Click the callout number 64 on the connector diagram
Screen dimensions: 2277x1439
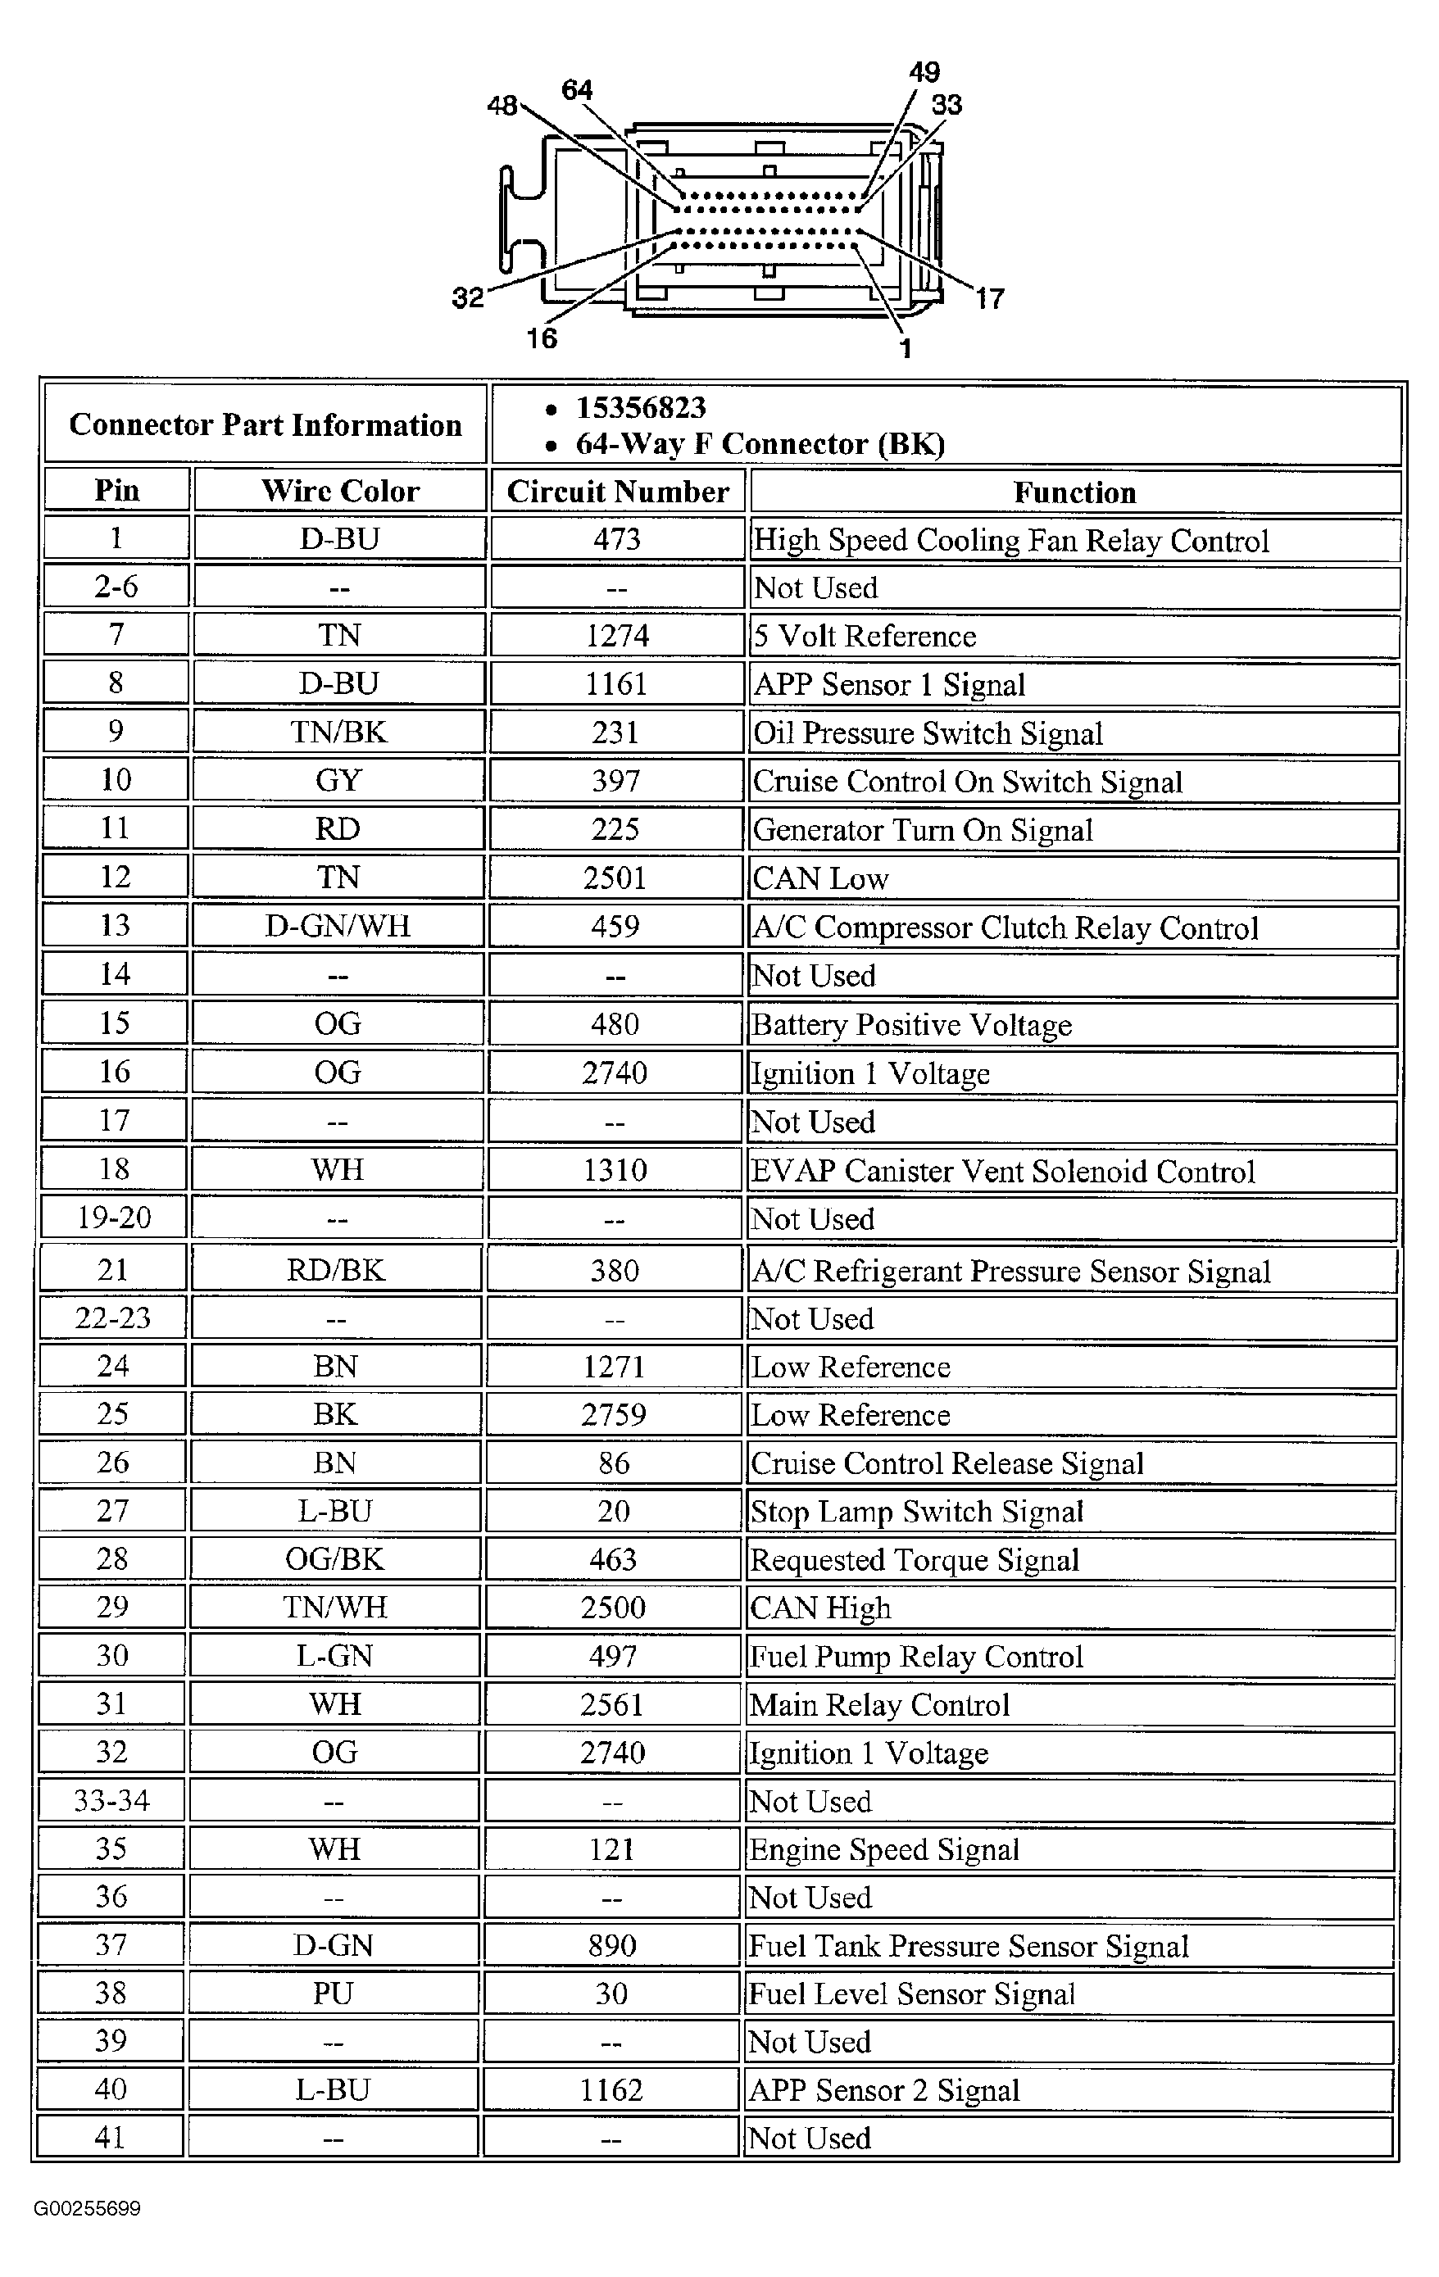(577, 90)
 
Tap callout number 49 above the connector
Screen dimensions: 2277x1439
(924, 72)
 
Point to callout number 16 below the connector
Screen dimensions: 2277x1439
(542, 338)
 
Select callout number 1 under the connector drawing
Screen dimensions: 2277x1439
(906, 349)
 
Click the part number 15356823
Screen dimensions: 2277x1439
(641, 407)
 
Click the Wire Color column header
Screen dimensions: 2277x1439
(340, 490)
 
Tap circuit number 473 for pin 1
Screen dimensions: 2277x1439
(616, 539)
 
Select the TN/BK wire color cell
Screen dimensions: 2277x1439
(338, 732)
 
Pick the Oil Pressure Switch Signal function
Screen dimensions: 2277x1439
(928, 734)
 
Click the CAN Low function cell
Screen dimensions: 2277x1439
(820, 878)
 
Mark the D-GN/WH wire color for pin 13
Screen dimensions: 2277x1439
(338, 925)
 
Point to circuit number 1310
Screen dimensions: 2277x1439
(615, 1171)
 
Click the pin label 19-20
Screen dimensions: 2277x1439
(113, 1217)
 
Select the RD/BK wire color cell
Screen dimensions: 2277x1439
(336, 1270)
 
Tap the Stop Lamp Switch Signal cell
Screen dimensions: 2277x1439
(916, 1511)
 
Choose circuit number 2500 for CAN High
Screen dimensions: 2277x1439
(613, 1608)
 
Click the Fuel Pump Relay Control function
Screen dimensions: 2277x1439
(916, 1656)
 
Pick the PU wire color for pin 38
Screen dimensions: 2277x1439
(333, 1994)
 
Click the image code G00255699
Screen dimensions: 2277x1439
(87, 2208)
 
